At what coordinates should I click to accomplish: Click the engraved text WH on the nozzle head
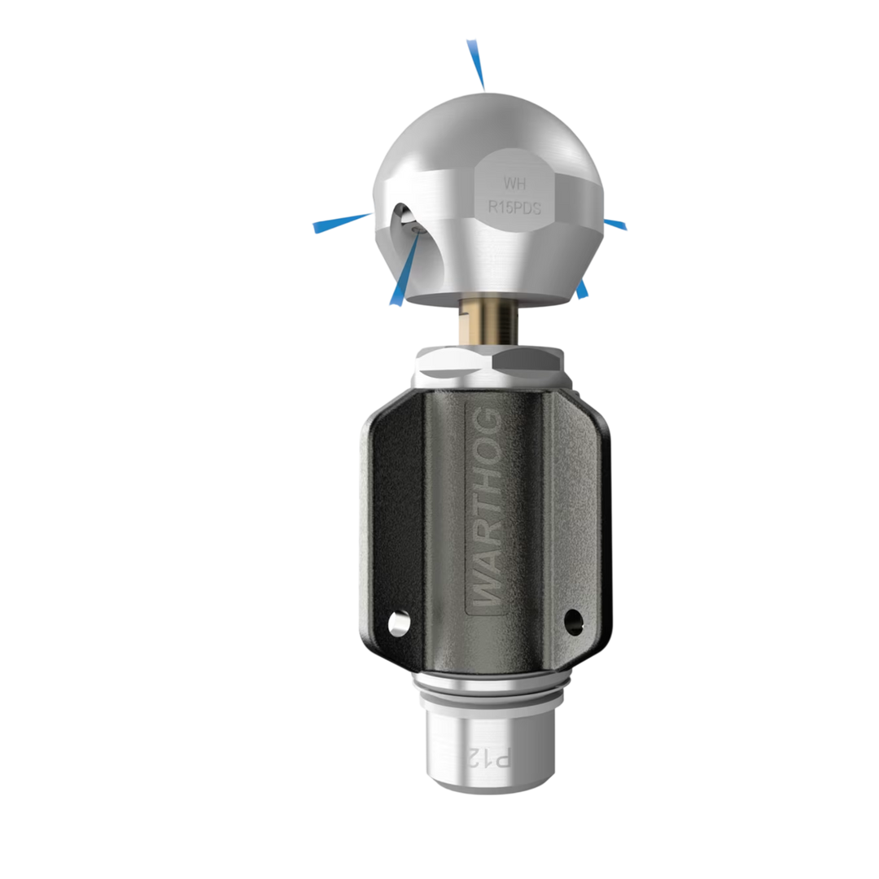coord(514,183)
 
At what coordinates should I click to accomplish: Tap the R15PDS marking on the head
coord(514,208)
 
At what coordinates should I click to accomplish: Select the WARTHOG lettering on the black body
coord(485,506)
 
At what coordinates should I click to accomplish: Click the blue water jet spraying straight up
coord(475,64)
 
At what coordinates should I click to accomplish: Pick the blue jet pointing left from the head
coord(342,222)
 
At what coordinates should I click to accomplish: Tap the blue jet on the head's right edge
coord(614,225)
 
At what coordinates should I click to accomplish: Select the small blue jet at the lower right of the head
coord(582,289)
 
